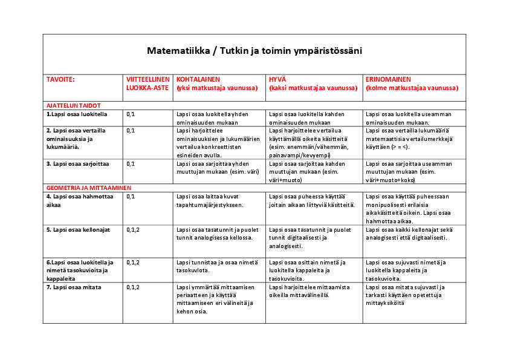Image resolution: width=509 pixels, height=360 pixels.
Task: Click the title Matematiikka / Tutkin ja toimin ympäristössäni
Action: (254, 51)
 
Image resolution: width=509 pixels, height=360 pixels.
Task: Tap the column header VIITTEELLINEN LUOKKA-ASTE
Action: (148, 83)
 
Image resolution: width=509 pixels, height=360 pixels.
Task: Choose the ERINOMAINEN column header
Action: (412, 83)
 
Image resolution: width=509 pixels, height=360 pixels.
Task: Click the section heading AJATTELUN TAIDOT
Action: (73, 105)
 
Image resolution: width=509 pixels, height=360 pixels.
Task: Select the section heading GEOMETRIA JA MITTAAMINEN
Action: (89, 188)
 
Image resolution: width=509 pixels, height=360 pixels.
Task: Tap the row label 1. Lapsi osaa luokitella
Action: (77, 114)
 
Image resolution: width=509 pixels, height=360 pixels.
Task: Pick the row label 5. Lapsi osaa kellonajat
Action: (79, 230)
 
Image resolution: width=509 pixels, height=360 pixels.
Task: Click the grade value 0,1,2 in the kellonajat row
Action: (133, 230)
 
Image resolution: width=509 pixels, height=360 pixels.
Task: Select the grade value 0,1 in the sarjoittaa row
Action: (131, 163)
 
